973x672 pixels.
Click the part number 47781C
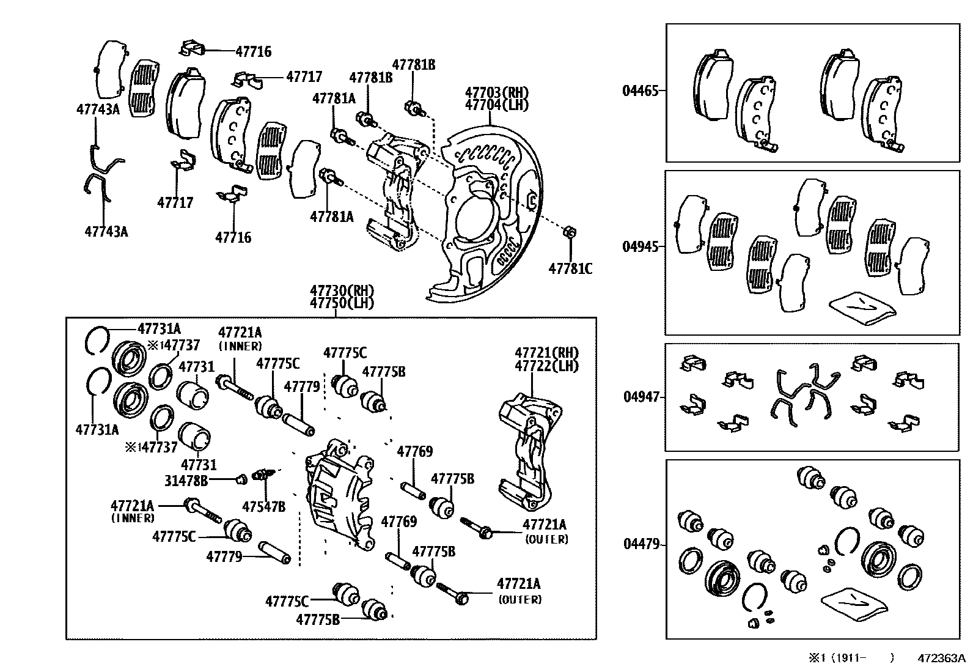(570, 268)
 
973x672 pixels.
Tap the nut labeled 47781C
(568, 232)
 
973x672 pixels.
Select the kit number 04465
(640, 91)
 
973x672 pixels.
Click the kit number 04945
(640, 247)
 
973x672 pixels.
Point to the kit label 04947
(641, 397)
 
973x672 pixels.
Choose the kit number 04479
(641, 544)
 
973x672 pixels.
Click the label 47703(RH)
(496, 93)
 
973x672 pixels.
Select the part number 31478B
(185, 481)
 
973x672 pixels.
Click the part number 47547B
(263, 506)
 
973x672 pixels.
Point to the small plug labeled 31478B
(241, 478)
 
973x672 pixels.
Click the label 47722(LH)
(546, 366)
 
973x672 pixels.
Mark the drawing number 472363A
(941, 659)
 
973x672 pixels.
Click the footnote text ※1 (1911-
(837, 659)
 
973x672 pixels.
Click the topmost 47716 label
(253, 52)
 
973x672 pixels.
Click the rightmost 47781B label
(413, 64)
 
